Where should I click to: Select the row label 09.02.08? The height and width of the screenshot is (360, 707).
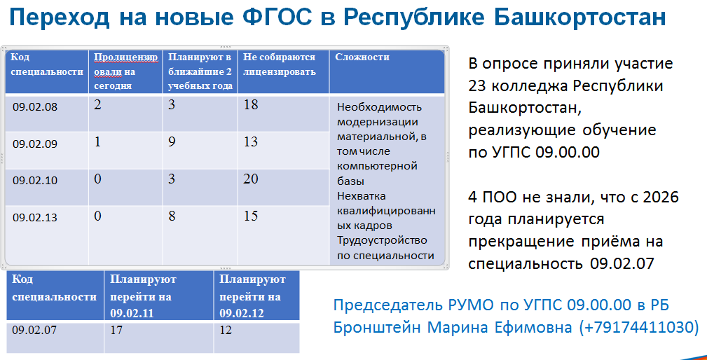pyautogui.click(x=35, y=107)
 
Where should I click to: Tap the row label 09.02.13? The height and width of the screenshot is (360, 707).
pyautogui.click(x=35, y=218)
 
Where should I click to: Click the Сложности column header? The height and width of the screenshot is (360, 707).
pyautogui.click(x=362, y=57)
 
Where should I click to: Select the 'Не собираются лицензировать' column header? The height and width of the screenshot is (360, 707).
pyautogui.click(x=279, y=64)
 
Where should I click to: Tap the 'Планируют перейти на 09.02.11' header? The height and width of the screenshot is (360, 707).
pyautogui.click(x=143, y=296)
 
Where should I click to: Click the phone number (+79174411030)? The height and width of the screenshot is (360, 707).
pyautogui.click(x=638, y=326)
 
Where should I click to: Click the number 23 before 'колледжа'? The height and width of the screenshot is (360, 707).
pyautogui.click(x=477, y=85)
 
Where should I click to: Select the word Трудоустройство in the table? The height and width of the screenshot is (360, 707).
pyautogui.click(x=382, y=240)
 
